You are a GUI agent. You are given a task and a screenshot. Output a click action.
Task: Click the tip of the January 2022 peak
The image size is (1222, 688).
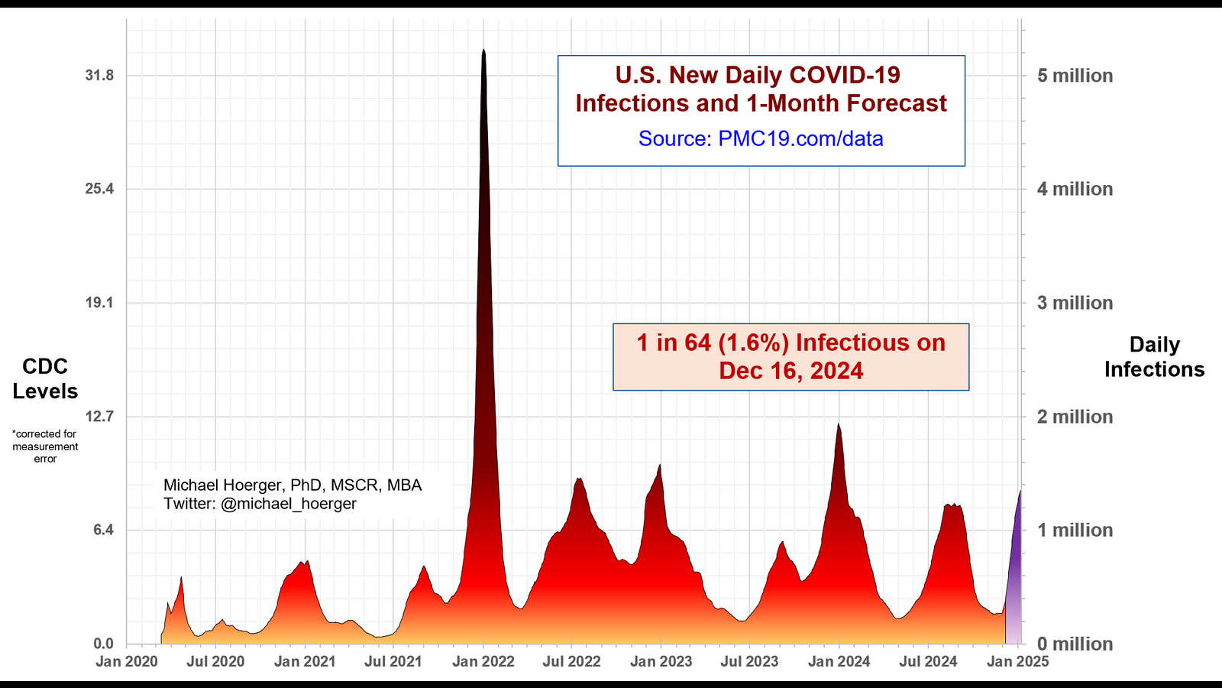click(x=483, y=51)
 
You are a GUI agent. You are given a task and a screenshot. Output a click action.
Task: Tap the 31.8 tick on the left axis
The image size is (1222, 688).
click(x=99, y=75)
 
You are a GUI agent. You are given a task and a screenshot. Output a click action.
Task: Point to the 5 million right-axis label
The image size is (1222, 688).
click(x=1075, y=76)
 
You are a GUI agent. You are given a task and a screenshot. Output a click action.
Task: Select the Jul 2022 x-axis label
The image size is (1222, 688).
click(x=571, y=661)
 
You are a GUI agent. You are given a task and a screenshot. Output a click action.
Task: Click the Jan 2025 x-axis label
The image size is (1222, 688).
click(x=1017, y=661)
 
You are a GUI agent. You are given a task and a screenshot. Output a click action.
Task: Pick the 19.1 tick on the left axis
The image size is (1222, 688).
click(x=99, y=303)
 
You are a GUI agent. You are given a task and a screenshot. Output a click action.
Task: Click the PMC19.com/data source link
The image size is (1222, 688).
click(x=800, y=138)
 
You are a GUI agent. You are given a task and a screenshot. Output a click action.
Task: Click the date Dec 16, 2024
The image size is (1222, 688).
click(x=790, y=371)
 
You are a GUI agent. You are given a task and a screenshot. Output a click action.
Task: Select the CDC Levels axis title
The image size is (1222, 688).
click(x=45, y=378)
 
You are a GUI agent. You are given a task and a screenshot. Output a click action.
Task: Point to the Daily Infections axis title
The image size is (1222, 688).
click(x=1154, y=357)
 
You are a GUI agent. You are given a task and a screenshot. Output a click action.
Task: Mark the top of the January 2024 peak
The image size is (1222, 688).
click(x=839, y=425)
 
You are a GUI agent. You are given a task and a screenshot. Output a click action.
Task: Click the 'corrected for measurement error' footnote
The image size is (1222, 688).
click(x=45, y=446)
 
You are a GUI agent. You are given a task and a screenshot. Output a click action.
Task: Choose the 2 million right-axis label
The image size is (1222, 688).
click(x=1075, y=417)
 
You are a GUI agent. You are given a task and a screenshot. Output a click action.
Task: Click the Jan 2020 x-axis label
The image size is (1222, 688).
click(x=127, y=661)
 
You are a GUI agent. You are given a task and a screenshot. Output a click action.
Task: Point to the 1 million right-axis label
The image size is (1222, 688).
click(x=1075, y=531)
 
